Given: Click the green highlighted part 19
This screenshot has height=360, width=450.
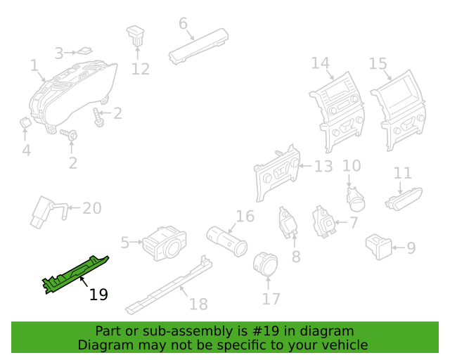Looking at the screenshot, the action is click(x=75, y=274).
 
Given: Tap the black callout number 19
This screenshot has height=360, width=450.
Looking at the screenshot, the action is click(x=98, y=295).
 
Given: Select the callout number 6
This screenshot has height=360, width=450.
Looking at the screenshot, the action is click(x=183, y=23).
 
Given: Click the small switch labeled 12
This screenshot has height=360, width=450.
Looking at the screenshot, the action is click(x=136, y=36).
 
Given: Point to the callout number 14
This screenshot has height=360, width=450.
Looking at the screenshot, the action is click(x=321, y=63).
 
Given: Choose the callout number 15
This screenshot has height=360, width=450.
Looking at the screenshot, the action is click(x=378, y=64).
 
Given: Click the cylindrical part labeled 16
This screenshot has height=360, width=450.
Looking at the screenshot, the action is click(x=226, y=241).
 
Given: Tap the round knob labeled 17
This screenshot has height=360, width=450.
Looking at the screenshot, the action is click(x=266, y=264).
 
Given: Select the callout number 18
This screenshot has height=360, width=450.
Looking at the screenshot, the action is click(x=198, y=304).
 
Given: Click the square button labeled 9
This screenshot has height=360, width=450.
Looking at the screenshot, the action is click(x=379, y=247).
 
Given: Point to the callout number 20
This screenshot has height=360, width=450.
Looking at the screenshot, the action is click(x=92, y=208).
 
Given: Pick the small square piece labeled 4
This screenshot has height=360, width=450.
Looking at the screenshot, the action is click(x=25, y=122).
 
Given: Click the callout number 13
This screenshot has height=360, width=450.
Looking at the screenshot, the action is click(x=323, y=167).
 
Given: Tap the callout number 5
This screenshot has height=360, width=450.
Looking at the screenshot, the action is click(x=125, y=243).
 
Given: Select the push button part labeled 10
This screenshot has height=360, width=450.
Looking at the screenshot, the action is click(x=356, y=199).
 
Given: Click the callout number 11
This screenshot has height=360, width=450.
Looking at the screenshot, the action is click(x=402, y=173).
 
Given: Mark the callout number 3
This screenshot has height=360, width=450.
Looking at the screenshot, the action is click(x=59, y=53).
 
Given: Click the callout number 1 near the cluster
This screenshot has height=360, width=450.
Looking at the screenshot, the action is click(x=34, y=65).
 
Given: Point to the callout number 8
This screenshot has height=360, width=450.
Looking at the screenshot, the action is click(x=296, y=257).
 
